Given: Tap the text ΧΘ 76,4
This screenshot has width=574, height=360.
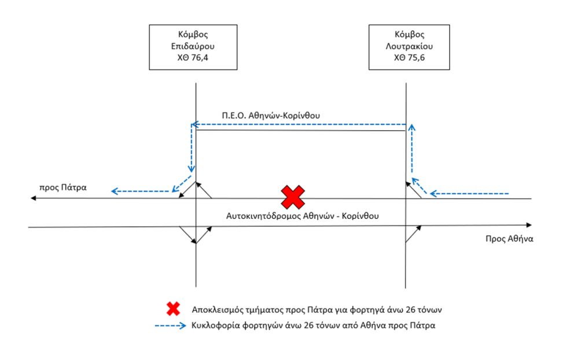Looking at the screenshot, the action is (x=193, y=57).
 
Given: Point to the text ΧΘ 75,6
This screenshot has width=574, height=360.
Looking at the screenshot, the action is (x=409, y=57).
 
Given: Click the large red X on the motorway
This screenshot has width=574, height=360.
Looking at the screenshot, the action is (x=293, y=197).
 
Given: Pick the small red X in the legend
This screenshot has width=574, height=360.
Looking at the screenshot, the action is (x=173, y=308).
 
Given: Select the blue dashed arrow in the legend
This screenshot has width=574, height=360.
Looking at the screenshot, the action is (x=171, y=325).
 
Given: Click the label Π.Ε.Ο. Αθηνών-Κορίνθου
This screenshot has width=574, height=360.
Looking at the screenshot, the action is (x=271, y=115).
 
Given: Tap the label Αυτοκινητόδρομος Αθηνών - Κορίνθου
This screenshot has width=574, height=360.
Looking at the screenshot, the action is (x=303, y=216).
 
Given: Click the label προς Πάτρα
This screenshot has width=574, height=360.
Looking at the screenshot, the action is (x=63, y=188).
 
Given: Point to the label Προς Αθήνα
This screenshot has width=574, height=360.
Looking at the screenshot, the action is (x=509, y=239).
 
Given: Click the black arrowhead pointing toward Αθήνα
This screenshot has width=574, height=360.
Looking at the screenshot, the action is (x=529, y=225).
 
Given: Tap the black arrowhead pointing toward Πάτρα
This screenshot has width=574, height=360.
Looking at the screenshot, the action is (x=34, y=198).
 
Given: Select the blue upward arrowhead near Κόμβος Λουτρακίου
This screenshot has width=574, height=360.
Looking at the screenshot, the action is (x=412, y=127).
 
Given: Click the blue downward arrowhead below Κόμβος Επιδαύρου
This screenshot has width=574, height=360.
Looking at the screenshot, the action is (x=191, y=169).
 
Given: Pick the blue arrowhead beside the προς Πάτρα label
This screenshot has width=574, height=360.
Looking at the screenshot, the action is (x=115, y=191).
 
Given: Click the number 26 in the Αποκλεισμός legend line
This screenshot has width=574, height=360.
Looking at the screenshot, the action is (x=410, y=310).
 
